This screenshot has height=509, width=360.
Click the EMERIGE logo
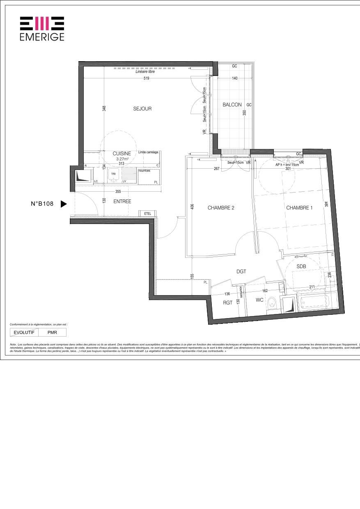42,29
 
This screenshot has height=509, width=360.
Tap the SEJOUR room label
142,109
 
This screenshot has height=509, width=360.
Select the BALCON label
232,105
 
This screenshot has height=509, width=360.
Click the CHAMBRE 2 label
221,208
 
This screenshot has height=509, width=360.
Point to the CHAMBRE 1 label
299,208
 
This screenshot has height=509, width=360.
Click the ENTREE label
122,202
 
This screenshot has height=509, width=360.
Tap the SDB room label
302,266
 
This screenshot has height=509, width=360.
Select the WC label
259,300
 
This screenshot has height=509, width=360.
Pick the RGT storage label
228,303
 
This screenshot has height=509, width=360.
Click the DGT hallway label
241,271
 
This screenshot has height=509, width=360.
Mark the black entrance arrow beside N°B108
63,204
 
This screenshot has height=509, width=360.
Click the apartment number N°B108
42,204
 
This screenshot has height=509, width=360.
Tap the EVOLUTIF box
24,332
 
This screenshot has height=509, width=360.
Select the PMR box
52,332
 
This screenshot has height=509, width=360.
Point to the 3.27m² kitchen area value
122,158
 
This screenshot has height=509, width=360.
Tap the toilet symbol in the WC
271,304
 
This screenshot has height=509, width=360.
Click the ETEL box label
147,213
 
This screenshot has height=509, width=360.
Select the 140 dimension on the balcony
235,78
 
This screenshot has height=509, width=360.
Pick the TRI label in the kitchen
113,174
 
